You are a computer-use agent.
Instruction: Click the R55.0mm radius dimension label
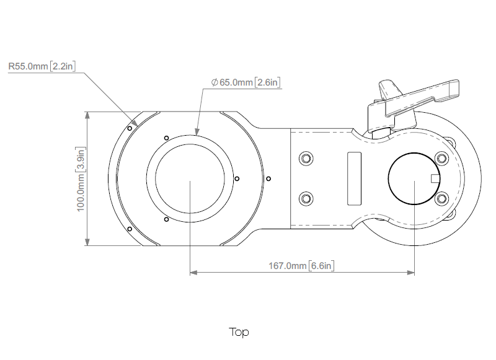42,65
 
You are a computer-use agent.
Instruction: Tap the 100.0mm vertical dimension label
81,179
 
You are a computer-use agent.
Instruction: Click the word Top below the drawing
239,332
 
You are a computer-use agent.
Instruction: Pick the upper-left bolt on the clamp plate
304,158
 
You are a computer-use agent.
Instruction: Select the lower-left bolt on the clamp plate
304,198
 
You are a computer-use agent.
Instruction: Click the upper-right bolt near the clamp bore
441,158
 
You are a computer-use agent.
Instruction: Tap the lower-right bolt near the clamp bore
441,198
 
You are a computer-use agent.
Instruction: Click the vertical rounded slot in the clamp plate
354,178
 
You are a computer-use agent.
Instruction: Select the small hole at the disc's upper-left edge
128,129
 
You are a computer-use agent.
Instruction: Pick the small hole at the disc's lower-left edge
128,229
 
